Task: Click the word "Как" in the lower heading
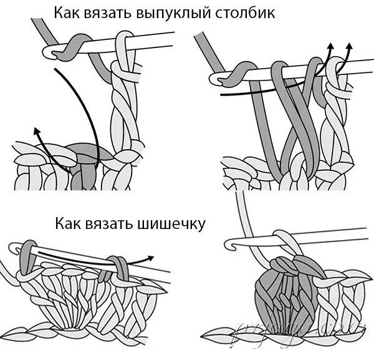[69, 222]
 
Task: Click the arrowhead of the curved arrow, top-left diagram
[36, 130]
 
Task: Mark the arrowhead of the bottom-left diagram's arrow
[151, 256]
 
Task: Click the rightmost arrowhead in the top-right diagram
[348, 47]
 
